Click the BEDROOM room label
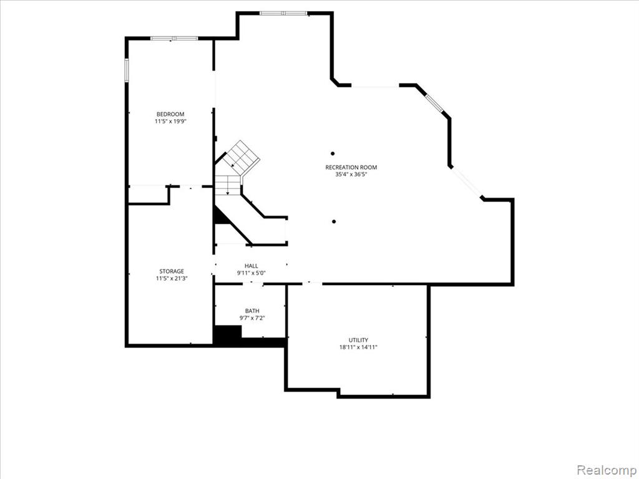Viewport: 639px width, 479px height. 170,115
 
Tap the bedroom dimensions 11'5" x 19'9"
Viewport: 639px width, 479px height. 170,122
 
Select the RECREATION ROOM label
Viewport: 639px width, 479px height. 351,167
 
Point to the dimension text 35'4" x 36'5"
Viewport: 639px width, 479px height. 351,175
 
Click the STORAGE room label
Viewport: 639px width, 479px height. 172,271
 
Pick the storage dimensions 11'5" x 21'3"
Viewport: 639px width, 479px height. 172,279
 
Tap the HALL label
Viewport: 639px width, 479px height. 251,266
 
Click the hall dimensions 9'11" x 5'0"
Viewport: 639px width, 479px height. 251,273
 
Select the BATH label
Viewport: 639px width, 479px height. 252,311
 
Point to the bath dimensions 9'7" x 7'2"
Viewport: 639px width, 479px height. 252,318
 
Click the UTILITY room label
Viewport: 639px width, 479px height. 358,340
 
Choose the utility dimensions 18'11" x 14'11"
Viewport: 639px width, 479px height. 358,347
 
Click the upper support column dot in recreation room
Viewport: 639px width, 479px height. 333,153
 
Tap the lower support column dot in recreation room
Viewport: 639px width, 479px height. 334,221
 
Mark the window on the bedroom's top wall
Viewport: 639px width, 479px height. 174,38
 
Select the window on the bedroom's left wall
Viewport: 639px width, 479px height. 127,70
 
